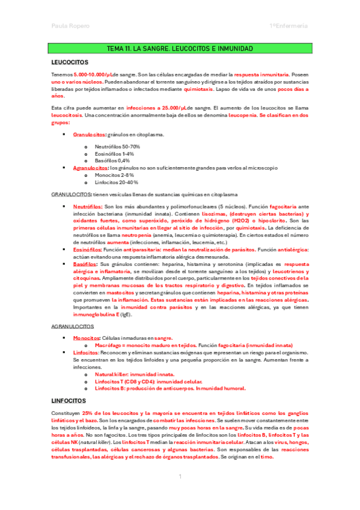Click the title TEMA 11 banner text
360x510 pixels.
click(x=180, y=48)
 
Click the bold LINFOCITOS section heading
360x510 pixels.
click(x=70, y=400)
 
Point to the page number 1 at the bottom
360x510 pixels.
click(x=180, y=477)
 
